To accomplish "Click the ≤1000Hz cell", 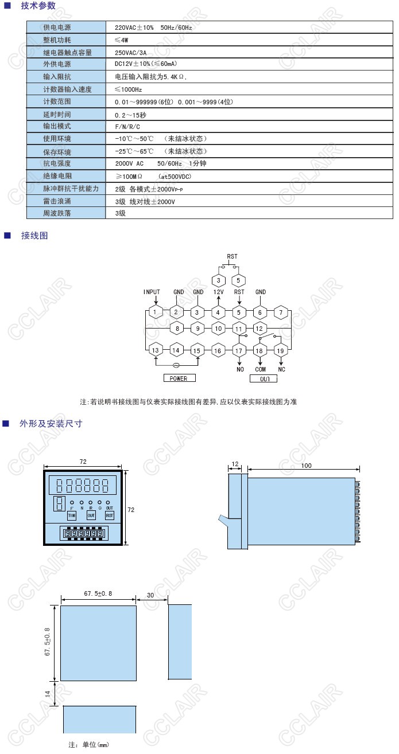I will tap(129, 89).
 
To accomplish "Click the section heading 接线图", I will tap(34, 236).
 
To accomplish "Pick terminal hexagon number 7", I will tap(281, 313).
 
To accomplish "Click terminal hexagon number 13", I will tap(156, 350).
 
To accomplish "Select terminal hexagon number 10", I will tap(218, 329).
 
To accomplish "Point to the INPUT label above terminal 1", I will tap(152, 292).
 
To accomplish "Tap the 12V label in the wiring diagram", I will tap(218, 292).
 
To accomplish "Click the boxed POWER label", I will tap(179, 378).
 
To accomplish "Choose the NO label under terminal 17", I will tap(240, 369).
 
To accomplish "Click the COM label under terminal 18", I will tap(260, 369).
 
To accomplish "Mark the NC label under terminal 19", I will tap(281, 369).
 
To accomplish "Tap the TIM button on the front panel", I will tap(72, 515).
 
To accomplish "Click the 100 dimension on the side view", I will tap(306, 466).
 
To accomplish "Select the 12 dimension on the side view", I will tap(235, 463).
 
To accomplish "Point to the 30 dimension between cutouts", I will tap(150, 595).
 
